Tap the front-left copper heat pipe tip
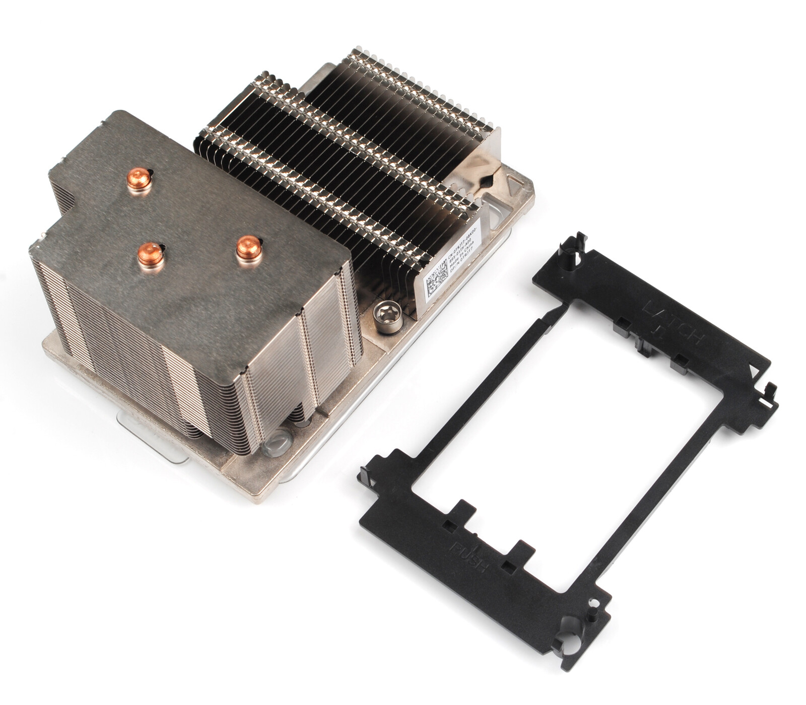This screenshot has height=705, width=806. [x=150, y=254]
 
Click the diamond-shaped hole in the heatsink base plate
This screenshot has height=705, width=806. [x=486, y=181]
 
